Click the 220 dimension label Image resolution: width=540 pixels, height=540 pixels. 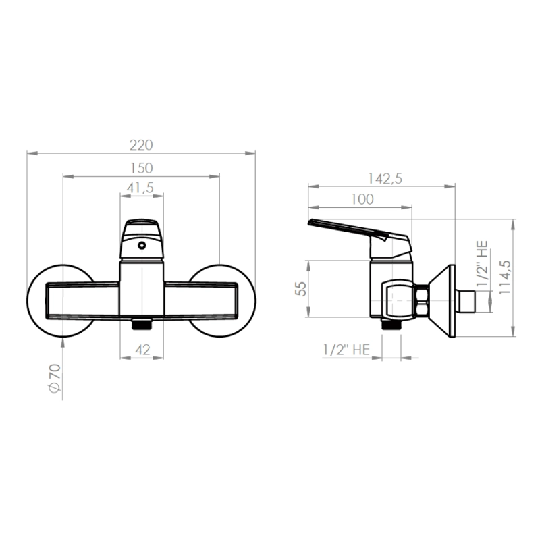point(141,145)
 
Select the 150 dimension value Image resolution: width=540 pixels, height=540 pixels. point(141,168)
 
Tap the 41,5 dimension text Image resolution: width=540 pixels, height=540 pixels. point(140,188)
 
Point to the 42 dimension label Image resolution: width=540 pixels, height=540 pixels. point(142,350)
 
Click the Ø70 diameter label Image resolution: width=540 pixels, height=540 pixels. point(55,378)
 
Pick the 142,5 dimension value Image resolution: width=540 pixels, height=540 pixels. point(385,179)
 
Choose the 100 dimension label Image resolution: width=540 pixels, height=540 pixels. point(362,199)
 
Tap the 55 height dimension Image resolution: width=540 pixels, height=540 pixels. point(300,289)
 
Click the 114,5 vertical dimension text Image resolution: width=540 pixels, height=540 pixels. point(505,277)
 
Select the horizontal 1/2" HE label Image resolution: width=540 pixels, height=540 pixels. point(346,350)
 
